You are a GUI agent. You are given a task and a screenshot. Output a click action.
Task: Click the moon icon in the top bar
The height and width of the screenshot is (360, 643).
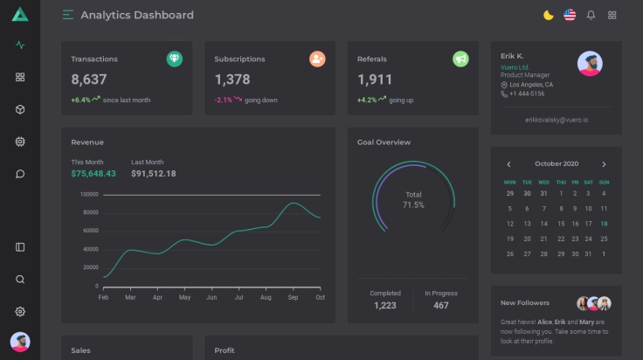(548, 15)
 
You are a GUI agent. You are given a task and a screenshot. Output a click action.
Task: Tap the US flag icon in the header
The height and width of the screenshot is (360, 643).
(570, 15)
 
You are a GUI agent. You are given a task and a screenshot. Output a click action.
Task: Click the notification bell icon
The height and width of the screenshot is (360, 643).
(591, 15)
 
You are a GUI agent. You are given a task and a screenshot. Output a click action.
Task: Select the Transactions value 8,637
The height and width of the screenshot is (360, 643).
(89, 80)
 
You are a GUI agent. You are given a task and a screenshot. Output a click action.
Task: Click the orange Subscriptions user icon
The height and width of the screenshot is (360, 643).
(317, 59)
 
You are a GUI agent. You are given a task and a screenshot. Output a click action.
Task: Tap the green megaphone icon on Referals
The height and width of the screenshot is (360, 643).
(460, 59)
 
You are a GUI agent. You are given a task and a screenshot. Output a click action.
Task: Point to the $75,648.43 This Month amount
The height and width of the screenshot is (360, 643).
(93, 174)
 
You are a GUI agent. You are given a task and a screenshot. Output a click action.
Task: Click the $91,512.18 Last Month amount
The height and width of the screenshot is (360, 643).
(153, 174)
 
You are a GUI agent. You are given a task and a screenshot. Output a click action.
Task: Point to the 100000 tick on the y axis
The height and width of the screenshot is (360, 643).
(88, 195)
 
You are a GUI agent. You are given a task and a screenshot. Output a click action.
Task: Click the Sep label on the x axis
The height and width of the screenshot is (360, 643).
(293, 298)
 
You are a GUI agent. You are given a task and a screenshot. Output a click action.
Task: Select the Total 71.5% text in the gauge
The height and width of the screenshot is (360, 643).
(413, 200)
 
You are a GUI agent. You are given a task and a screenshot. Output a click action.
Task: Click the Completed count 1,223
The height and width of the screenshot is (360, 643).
(385, 305)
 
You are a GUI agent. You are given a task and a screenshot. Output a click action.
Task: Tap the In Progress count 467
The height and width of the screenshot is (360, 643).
(441, 305)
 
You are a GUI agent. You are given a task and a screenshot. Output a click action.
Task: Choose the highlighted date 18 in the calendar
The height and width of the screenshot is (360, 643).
(604, 224)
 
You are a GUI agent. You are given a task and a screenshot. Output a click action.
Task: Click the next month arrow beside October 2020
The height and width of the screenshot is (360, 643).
(604, 164)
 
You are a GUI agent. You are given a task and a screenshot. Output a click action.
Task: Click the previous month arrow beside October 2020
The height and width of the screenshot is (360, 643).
(509, 164)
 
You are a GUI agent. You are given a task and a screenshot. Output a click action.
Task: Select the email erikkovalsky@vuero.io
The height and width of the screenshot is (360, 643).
(557, 119)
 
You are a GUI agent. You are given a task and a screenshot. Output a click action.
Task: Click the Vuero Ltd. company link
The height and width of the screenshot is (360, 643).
(515, 66)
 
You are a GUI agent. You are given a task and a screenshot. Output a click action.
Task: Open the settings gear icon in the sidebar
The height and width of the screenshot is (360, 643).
(20, 311)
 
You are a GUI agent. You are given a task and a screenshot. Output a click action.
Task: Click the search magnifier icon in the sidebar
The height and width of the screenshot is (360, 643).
(20, 280)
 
